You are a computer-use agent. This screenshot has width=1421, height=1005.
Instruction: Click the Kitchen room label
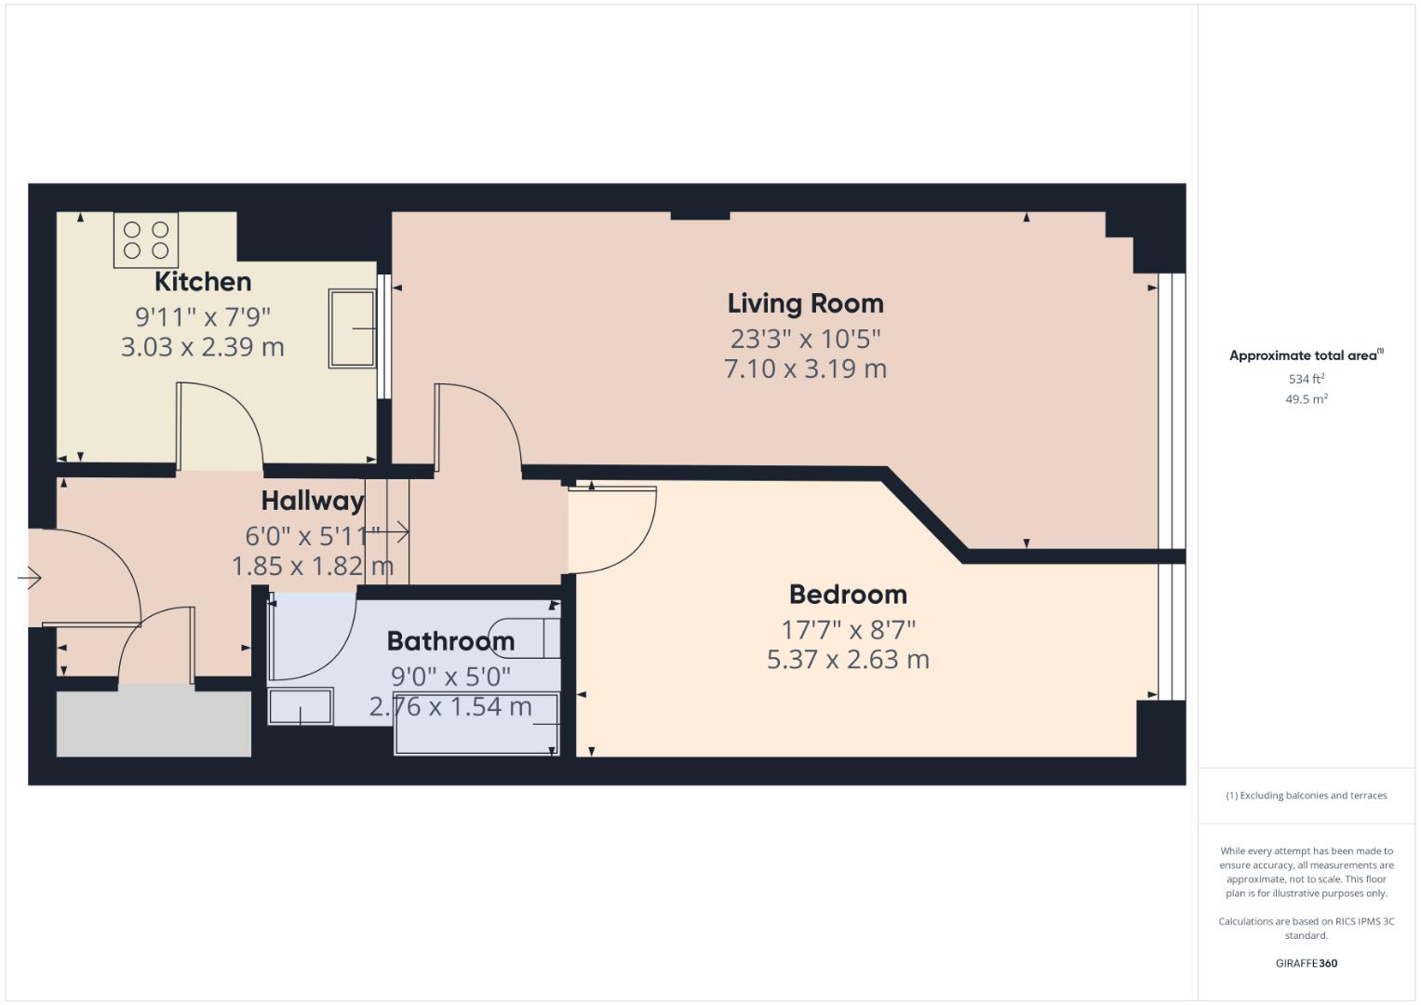[202, 281]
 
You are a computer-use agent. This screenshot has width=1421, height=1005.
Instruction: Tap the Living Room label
[805, 303]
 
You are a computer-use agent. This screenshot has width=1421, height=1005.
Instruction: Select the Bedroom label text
[847, 595]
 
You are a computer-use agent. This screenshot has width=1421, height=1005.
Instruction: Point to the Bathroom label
[450, 641]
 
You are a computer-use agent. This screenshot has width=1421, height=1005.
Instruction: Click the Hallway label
[312, 501]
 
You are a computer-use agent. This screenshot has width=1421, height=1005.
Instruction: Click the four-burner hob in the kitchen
[146, 239]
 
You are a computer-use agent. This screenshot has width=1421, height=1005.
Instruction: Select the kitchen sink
[352, 328]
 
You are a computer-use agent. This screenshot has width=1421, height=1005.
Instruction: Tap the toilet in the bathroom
[527, 637]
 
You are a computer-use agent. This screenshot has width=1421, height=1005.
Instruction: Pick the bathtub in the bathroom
[476, 724]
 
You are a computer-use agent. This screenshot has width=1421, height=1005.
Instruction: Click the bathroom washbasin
[301, 706]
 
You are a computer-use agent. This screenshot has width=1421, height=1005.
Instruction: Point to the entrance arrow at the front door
[30, 579]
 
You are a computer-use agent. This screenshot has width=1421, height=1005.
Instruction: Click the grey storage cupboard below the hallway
[154, 724]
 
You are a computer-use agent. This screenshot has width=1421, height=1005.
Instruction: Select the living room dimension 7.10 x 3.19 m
[805, 368]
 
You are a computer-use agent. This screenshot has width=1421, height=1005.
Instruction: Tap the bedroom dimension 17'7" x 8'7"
[848, 630]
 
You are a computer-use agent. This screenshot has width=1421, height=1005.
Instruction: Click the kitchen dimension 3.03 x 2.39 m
[202, 347]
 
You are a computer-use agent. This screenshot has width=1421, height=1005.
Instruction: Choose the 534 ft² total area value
[1306, 379]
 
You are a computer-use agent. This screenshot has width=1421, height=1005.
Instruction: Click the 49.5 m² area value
[1306, 399]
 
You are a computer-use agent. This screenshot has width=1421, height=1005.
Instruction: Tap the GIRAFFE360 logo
[1306, 963]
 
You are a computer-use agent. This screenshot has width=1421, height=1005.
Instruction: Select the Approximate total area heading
[1305, 355]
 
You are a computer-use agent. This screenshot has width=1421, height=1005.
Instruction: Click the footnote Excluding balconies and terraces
[1306, 796]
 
